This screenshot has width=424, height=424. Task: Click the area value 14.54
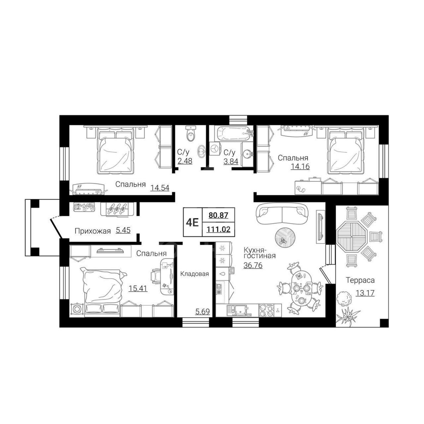pyautogui.click(x=160, y=188)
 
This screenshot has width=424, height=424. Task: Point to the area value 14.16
pyautogui.click(x=300, y=166)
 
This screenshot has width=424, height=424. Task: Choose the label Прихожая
pyautogui.click(x=93, y=231)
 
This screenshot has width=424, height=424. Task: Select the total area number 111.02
pyautogui.click(x=218, y=230)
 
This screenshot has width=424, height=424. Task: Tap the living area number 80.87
pyautogui.click(x=218, y=215)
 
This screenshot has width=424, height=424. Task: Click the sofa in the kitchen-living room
pyautogui.click(x=282, y=211)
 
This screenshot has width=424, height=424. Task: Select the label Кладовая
pyautogui.click(x=194, y=274)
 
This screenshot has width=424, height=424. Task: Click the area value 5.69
pyautogui.click(x=202, y=312)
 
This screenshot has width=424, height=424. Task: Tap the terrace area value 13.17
pyautogui.click(x=365, y=293)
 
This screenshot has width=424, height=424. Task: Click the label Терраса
pyautogui.click(x=360, y=280)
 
